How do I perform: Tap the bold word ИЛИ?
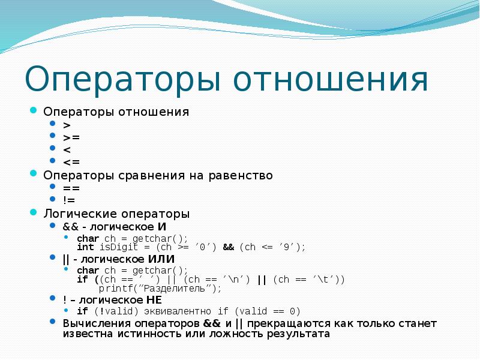(161, 259)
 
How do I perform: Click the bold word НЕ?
(153, 299)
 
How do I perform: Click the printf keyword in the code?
(114, 289)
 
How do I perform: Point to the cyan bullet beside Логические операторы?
(34, 213)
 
